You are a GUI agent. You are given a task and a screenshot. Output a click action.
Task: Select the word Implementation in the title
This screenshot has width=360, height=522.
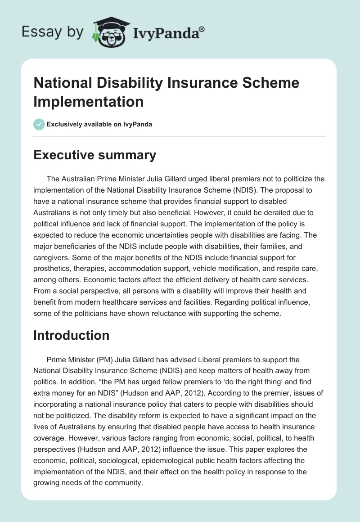88,101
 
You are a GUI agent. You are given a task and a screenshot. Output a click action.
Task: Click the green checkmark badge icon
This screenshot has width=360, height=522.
40,124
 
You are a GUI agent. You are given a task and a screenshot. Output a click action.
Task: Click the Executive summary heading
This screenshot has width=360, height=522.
94,155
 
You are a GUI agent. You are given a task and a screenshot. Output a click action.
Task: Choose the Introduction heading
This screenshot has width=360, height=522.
72,335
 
